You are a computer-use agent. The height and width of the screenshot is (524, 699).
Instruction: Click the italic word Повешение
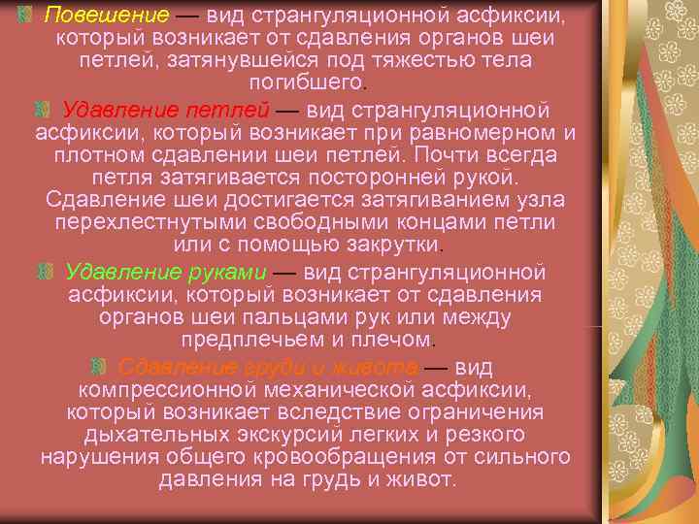pos(92,16)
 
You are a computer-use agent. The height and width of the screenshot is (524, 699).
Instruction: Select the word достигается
pos(294,200)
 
